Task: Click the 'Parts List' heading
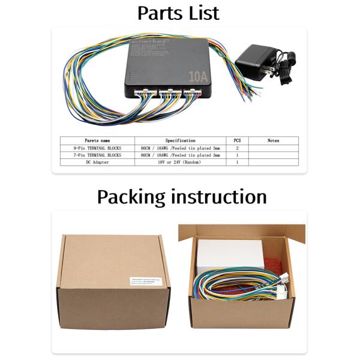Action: click(179, 13)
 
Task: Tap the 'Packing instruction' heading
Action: click(181, 197)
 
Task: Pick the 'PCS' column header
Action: click(237, 140)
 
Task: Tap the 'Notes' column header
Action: click(273, 140)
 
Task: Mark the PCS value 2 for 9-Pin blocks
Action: click(237, 148)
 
